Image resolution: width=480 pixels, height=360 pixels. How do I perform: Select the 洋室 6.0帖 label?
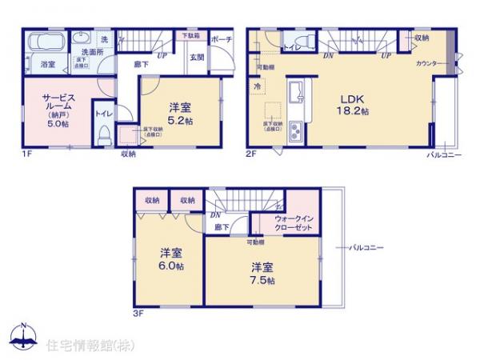(x=169, y=259)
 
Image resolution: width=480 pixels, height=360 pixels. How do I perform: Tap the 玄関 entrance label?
(x=197, y=56)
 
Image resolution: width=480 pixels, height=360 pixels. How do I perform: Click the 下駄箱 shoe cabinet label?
(x=190, y=36)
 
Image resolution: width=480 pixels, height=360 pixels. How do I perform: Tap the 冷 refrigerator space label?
(x=258, y=86)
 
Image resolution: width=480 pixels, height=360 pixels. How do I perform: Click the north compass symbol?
(x=25, y=337)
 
